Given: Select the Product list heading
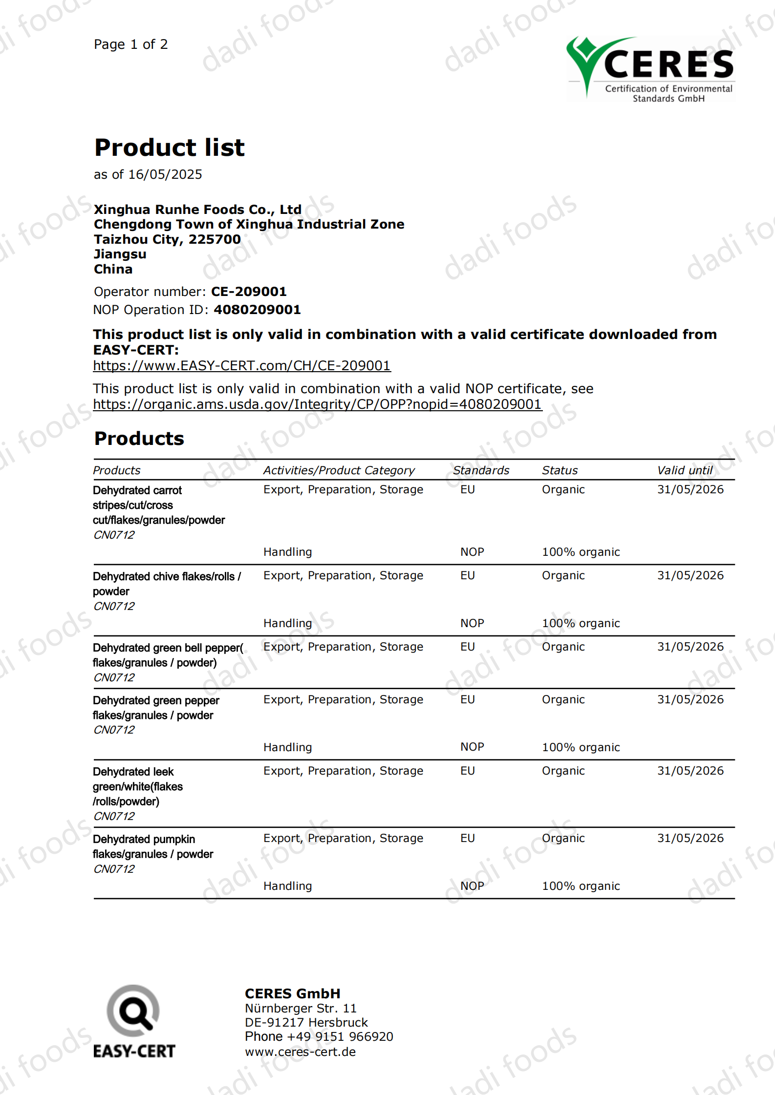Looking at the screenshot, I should click(x=169, y=147).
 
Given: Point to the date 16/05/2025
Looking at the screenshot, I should click(x=165, y=175).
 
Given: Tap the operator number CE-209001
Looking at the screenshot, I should click(x=249, y=292).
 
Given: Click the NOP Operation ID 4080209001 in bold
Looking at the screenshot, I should click(x=257, y=310).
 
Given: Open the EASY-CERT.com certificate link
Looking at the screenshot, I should click(x=242, y=366).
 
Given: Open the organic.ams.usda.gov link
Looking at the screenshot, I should click(x=317, y=404).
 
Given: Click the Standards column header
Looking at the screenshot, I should click(x=481, y=470).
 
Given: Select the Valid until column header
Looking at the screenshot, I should click(x=685, y=470).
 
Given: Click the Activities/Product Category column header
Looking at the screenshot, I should click(x=339, y=470).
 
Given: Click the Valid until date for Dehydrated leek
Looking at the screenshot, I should click(x=690, y=771).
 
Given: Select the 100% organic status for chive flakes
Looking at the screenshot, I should click(x=581, y=623).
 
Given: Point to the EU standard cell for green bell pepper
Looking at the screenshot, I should click(x=468, y=647).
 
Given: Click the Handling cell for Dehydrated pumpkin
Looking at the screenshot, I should click(x=287, y=886).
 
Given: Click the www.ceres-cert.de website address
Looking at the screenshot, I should click(x=300, y=1052).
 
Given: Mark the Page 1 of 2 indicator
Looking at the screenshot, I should click(x=130, y=44).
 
